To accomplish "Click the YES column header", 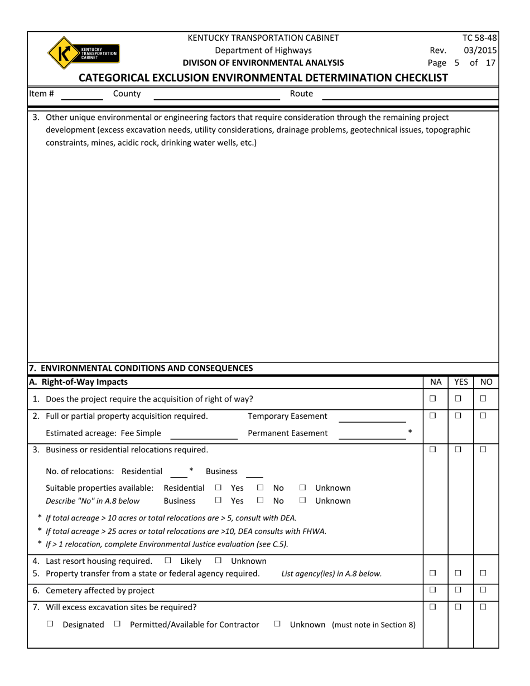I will pyautogui.click(x=461, y=382).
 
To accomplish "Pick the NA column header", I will pyautogui.click(x=436, y=382).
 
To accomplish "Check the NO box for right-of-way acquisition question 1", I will pyautogui.click(x=483, y=399).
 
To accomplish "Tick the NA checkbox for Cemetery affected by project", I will pyautogui.click(x=432, y=590).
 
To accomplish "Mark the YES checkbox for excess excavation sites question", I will pyautogui.click(x=457, y=606).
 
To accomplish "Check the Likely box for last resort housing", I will pyautogui.click(x=168, y=561).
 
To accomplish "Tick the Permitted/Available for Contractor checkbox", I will pyautogui.click(x=117, y=625).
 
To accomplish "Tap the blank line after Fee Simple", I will pyautogui.click(x=204, y=436).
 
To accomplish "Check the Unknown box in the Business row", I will pyautogui.click(x=303, y=501).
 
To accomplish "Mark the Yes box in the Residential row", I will pyautogui.click(x=218, y=488).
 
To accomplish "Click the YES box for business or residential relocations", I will pyautogui.click(x=457, y=449).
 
